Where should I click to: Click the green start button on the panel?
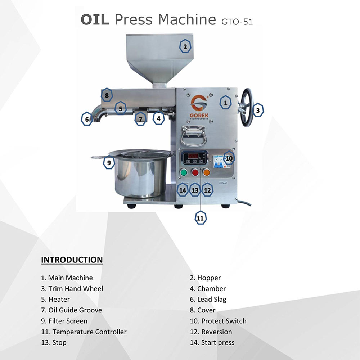pos(184,172)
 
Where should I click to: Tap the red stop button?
pos(195,172)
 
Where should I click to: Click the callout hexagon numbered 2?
pos(185,46)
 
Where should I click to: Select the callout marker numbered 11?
pos(201,218)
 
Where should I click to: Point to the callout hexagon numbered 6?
pos(87,119)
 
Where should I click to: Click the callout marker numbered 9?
pos(109,162)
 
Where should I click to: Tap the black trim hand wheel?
pos(246,107)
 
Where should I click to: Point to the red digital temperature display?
pos(193,156)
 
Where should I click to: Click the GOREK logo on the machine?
pos(199,107)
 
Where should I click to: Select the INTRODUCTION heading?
pos(72,260)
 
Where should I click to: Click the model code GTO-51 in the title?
pos(237,22)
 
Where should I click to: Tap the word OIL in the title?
pos(95,19)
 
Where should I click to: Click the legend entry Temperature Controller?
pos(84,332)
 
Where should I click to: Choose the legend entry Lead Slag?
pos(208,300)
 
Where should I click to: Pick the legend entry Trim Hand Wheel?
pos(72,289)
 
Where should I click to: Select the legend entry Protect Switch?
pos(218,321)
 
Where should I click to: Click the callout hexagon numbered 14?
pos(183,190)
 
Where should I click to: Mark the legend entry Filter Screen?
pos(64,321)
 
